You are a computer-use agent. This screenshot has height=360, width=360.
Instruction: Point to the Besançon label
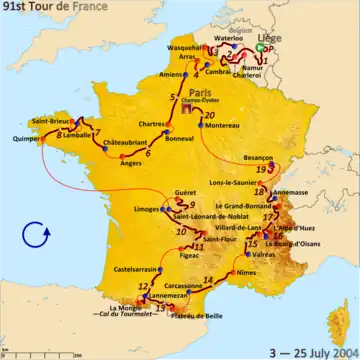pos(259,158)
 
